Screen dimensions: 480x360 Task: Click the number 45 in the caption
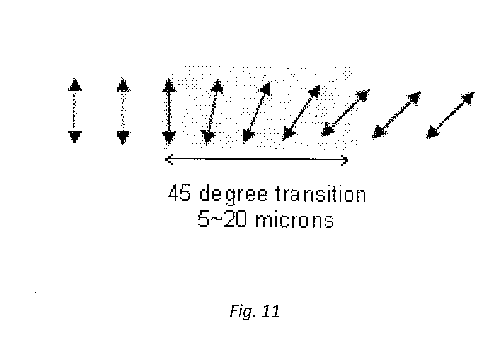coord(179,194)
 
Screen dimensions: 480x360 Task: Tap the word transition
coord(320,194)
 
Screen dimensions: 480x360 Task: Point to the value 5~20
coord(222,220)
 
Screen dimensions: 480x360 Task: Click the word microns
coord(294,220)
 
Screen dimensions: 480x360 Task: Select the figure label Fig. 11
coord(255,311)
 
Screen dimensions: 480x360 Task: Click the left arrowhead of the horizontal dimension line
coord(168,160)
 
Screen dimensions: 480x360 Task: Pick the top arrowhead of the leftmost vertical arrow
coord(75,86)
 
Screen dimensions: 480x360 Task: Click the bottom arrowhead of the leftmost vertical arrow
coord(75,136)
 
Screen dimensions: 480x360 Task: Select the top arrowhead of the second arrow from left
coord(123,86)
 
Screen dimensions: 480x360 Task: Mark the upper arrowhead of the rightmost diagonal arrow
coord(467,98)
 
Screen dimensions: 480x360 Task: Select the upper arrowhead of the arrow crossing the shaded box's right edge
coord(362,96)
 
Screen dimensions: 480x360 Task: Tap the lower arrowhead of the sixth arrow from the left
coord(289,134)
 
